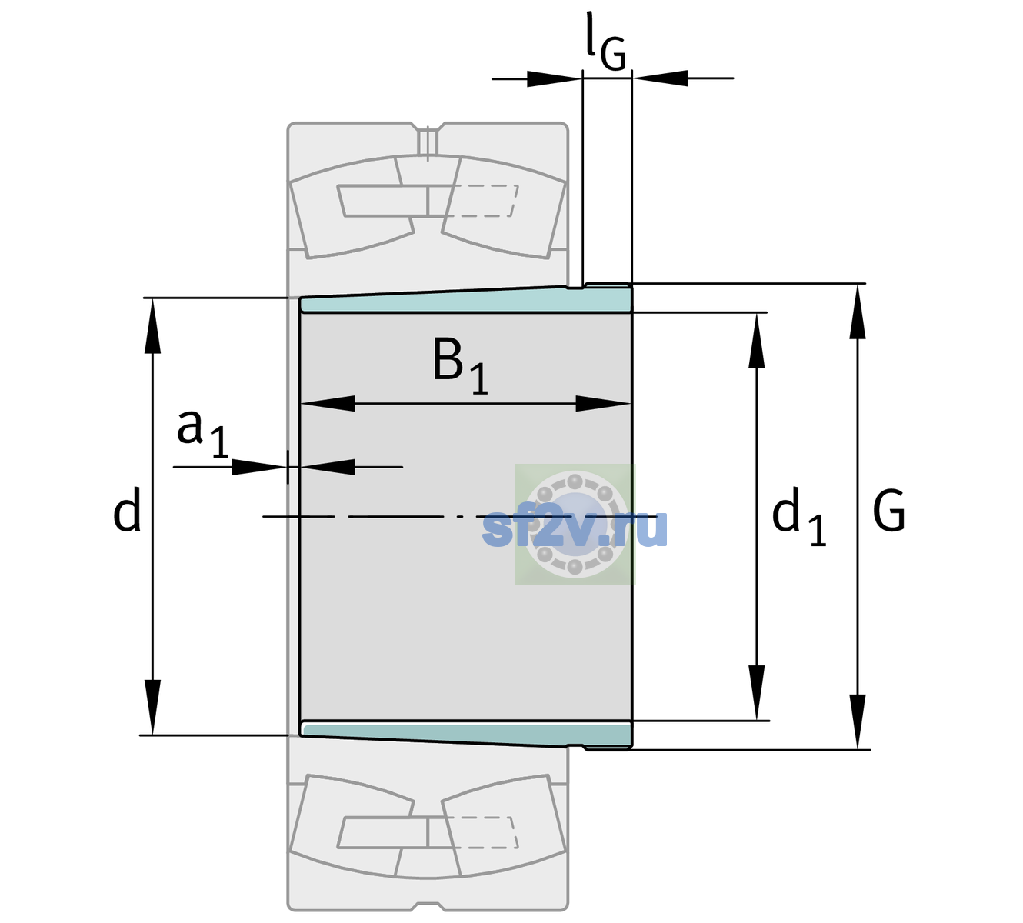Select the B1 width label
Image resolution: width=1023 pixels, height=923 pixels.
[460, 365]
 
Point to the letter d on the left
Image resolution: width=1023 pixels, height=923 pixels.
[126, 509]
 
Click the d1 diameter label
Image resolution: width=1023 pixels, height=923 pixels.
[798, 515]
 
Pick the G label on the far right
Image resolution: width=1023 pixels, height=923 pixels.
[888, 510]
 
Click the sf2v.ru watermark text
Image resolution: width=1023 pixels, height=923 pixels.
[575, 528]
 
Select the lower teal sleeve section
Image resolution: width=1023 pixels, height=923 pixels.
[465, 735]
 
